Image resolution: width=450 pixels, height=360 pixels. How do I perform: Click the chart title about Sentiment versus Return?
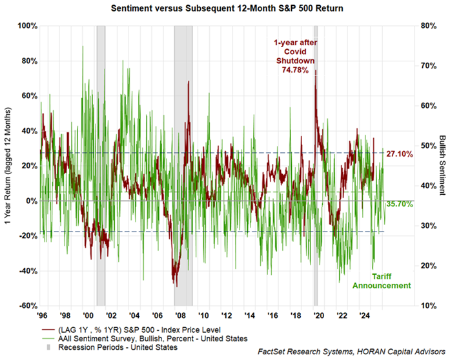click(x=225, y=8)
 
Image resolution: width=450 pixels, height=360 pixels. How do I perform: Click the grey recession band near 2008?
click(x=183, y=194)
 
